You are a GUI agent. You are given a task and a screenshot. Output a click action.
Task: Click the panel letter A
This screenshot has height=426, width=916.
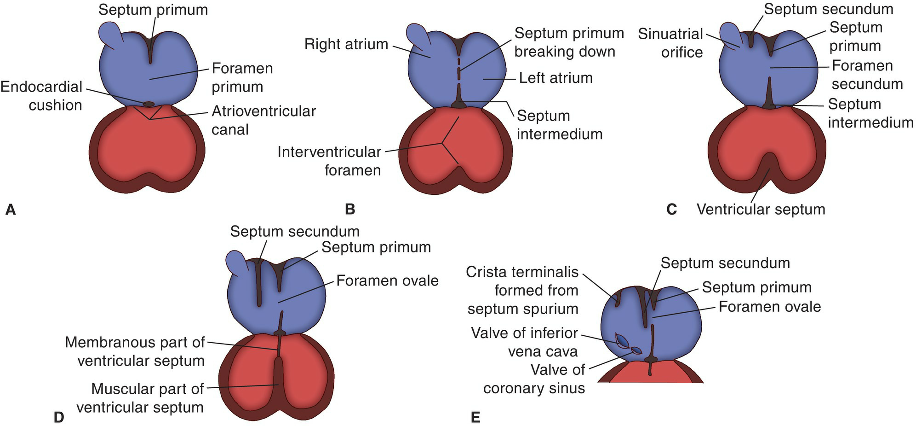click(10, 210)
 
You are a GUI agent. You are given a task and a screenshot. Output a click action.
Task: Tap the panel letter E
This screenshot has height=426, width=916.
click(475, 418)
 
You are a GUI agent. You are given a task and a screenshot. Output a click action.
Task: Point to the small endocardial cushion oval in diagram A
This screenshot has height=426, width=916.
click(149, 104)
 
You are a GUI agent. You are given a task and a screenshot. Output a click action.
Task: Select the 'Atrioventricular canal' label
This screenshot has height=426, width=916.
click(263, 120)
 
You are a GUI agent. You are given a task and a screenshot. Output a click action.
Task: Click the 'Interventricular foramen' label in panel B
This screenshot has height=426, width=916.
click(330, 161)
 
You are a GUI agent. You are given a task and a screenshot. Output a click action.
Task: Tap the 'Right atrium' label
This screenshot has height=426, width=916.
click(346, 45)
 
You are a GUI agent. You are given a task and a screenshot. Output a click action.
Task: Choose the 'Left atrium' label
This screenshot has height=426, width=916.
click(555, 78)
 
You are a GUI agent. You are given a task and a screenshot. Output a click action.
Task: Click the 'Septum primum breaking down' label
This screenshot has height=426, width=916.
click(568, 42)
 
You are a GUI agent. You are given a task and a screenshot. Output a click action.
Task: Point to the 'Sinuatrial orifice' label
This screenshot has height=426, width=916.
click(671, 43)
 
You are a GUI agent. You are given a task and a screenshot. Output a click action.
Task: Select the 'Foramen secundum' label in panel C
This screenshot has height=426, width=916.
click(866, 75)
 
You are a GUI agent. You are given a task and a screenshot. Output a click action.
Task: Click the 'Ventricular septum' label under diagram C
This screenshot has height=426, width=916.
click(761, 210)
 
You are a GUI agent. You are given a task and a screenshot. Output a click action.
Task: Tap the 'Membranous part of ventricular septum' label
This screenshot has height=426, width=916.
click(135, 351)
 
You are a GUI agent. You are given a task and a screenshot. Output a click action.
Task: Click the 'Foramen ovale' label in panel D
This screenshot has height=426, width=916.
click(387, 280)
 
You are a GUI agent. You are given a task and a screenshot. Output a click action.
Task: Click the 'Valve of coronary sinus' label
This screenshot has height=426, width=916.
click(534, 379)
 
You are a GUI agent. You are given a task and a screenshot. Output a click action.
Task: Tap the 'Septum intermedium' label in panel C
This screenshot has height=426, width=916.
click(870, 113)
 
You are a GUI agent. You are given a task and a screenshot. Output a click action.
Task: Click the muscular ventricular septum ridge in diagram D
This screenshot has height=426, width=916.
click(278, 382)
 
